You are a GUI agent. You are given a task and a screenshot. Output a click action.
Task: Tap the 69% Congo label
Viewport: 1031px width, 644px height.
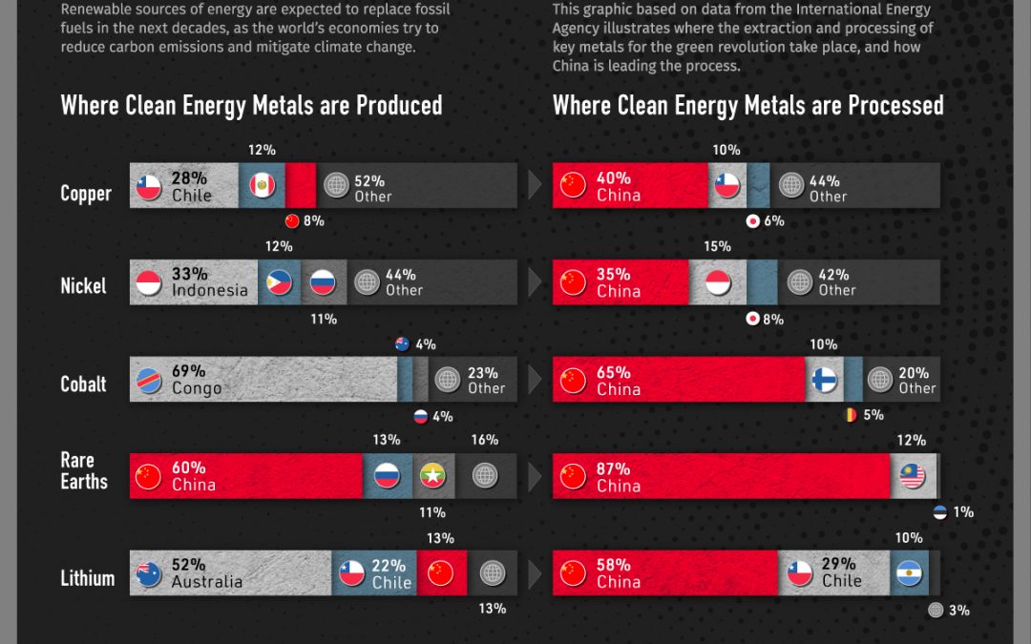197,380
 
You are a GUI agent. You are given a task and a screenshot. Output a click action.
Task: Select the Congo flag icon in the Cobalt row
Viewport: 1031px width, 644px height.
150,380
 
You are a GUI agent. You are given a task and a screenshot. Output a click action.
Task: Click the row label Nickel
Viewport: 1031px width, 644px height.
84,285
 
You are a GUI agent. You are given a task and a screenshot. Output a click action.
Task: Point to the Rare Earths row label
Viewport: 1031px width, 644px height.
84,471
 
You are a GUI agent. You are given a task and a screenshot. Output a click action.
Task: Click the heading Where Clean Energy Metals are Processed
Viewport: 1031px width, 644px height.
747,105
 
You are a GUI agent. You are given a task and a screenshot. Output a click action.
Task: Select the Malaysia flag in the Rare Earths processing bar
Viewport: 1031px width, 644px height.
913,476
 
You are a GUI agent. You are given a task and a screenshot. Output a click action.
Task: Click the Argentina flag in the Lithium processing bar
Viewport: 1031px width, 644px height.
908,572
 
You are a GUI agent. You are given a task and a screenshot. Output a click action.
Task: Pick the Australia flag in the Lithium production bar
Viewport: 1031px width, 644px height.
149,572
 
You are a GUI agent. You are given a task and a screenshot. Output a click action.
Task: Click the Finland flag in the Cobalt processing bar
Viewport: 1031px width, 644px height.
824,380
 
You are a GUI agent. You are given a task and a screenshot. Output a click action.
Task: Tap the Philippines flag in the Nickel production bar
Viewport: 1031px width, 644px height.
280,282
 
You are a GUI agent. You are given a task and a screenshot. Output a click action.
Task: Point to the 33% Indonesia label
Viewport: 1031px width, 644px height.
209,282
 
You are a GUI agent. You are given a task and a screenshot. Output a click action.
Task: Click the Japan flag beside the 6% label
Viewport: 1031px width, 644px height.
752,221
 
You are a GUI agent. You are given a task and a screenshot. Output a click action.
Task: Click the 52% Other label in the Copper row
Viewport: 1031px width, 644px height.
372,188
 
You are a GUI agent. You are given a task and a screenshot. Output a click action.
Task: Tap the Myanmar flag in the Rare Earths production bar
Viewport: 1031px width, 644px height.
433,475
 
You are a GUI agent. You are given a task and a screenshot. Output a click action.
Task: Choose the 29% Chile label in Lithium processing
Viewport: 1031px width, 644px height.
839,572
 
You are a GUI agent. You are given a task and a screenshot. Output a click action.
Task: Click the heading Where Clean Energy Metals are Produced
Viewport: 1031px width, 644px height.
251,105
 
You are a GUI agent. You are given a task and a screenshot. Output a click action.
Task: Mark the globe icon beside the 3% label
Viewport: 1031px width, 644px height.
936,610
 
